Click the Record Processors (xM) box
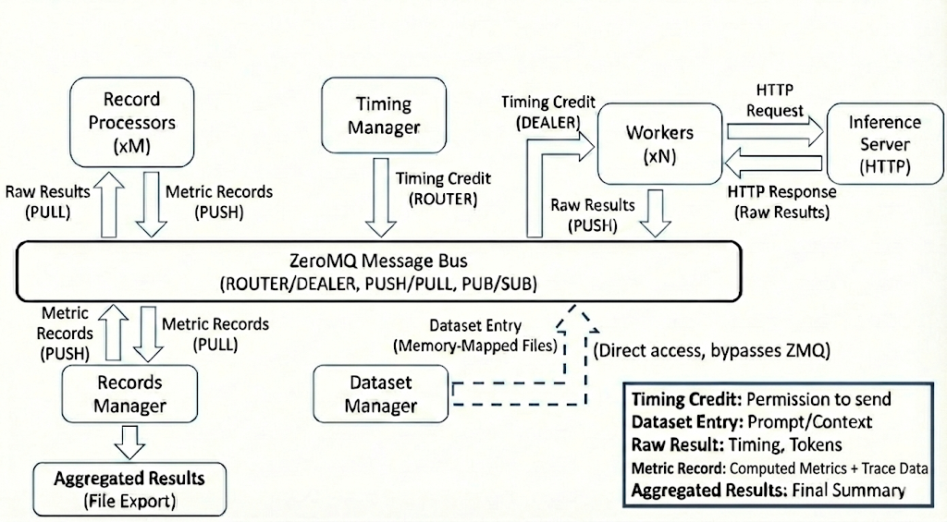(131, 122)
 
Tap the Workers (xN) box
(658, 144)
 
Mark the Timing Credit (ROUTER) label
(442, 188)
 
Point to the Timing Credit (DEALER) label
(547, 112)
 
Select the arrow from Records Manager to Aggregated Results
(129, 442)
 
